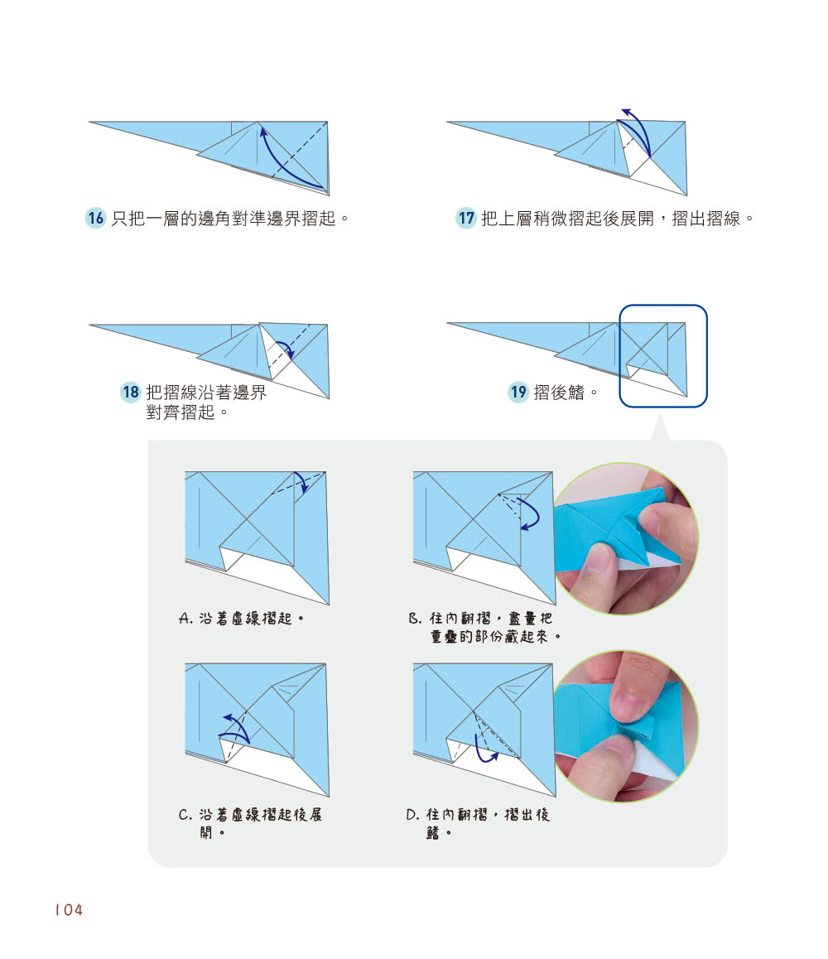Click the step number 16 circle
click(96, 219)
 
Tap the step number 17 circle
click(466, 219)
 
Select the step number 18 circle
click(130, 393)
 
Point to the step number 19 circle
click(517, 393)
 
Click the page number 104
click(69, 910)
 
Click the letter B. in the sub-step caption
click(415, 619)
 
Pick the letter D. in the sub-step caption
click(413, 815)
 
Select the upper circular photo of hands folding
click(625, 538)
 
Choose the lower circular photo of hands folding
click(627, 726)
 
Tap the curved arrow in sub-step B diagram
click(530, 513)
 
